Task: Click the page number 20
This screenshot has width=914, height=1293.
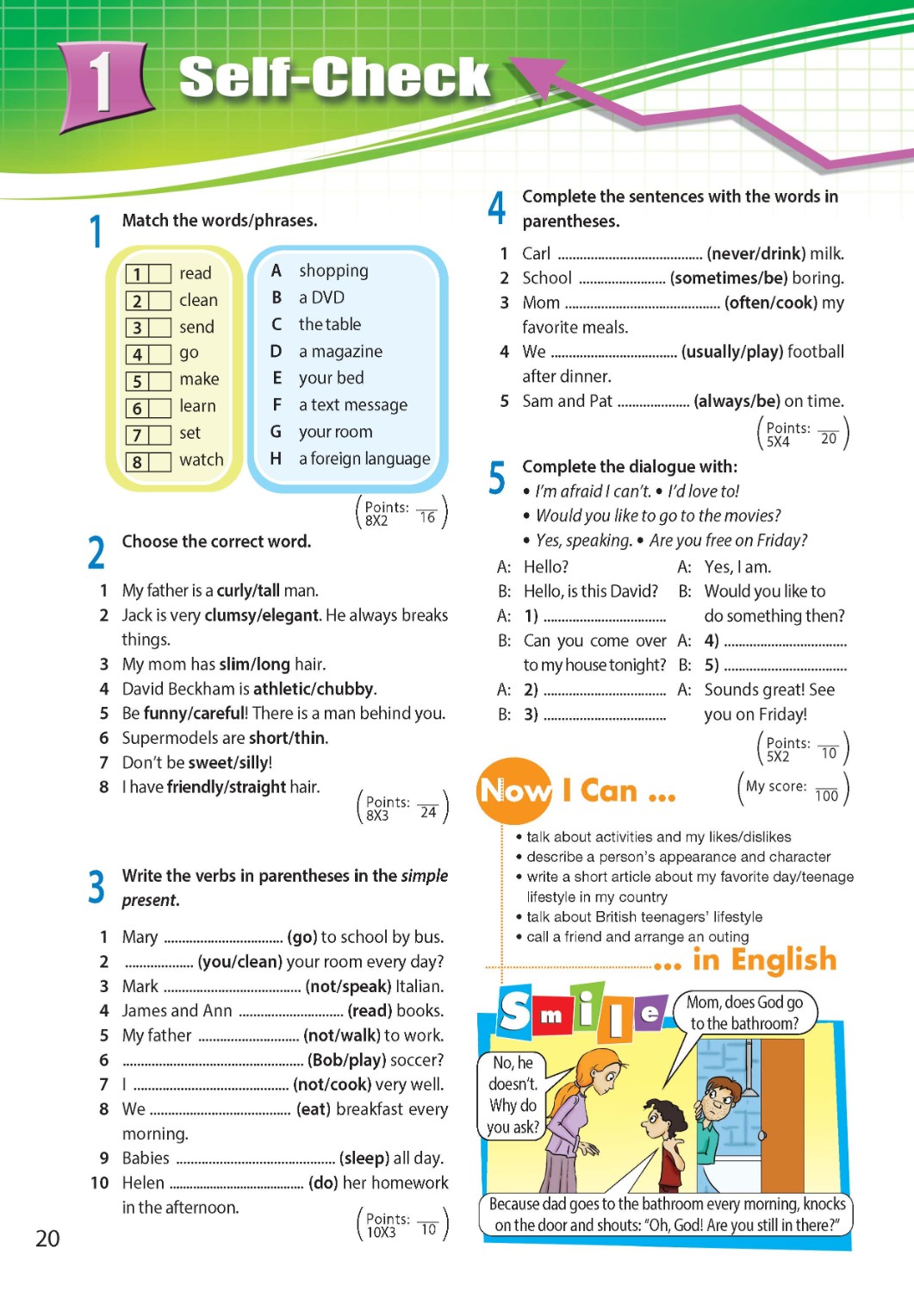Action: [47, 1239]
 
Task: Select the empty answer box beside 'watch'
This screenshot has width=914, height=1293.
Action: [160, 462]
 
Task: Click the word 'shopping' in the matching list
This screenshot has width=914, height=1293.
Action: [333, 271]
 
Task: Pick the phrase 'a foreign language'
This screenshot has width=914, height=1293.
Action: [364, 459]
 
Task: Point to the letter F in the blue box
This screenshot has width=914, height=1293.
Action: [277, 404]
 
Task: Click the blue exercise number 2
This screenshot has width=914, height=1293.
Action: [96, 553]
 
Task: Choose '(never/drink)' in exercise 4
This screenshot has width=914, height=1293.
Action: [755, 253]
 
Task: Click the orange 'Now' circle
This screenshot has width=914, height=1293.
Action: [514, 790]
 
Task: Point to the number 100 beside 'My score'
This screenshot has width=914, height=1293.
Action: [826, 796]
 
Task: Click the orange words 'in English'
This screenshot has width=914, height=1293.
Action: [764, 959]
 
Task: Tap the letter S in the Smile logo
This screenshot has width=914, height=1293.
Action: [516, 1010]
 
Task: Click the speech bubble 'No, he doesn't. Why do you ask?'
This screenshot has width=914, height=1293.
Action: [513, 1094]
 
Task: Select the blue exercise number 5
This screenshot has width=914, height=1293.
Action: [497, 478]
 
